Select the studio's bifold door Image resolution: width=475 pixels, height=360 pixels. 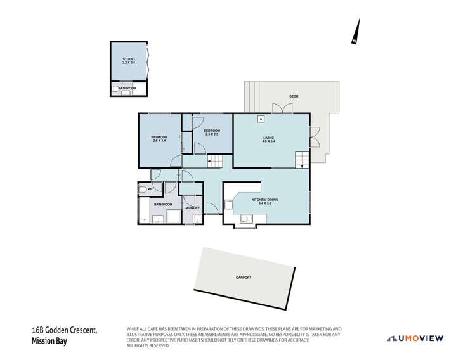(148, 61)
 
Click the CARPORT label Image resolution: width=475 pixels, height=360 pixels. (244, 278)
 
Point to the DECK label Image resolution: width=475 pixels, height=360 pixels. (293, 96)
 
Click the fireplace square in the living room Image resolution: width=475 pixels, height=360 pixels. (260, 119)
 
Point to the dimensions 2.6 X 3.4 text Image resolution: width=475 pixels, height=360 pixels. (159, 141)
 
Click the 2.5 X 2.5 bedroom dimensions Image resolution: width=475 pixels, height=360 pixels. (212, 134)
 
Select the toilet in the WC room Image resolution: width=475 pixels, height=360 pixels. (141, 189)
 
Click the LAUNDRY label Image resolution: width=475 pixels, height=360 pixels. (192, 207)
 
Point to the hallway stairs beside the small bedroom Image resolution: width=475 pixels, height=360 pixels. (216, 162)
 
